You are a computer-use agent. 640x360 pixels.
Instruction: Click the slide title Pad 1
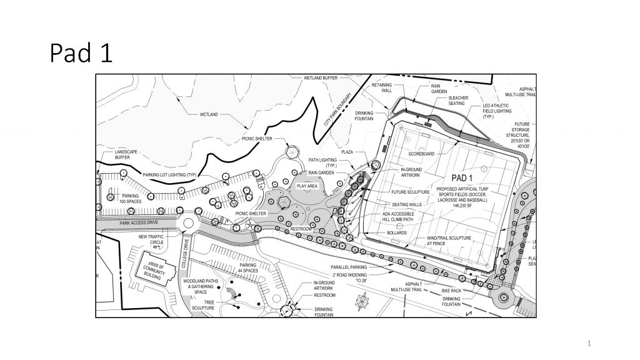tap(81, 53)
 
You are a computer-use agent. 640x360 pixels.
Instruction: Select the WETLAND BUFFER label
tap(321, 78)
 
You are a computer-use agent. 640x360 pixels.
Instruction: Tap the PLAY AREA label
tap(306, 186)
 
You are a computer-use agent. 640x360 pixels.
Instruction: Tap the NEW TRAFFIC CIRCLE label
tap(151, 240)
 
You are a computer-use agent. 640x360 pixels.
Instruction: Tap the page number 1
tap(589, 342)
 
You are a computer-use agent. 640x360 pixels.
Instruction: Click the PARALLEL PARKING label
tap(349, 267)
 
